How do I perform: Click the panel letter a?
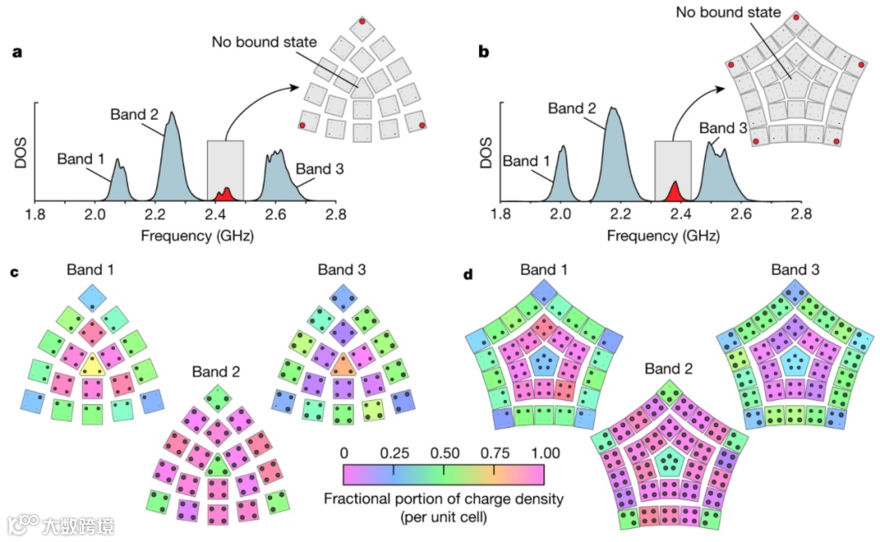click(x=15, y=53)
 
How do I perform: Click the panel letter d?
click(x=468, y=275)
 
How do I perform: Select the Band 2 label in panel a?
click(x=134, y=114)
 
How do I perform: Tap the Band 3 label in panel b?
click(x=723, y=128)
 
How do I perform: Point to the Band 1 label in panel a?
click(x=81, y=159)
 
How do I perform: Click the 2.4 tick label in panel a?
click(x=215, y=216)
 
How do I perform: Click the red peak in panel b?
click(x=674, y=192)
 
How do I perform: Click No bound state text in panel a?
click(x=263, y=41)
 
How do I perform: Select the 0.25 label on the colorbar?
click(x=394, y=452)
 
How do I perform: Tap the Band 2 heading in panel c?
click(x=216, y=372)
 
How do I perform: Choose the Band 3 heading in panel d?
click(x=795, y=269)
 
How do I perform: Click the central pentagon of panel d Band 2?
click(x=669, y=461)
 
